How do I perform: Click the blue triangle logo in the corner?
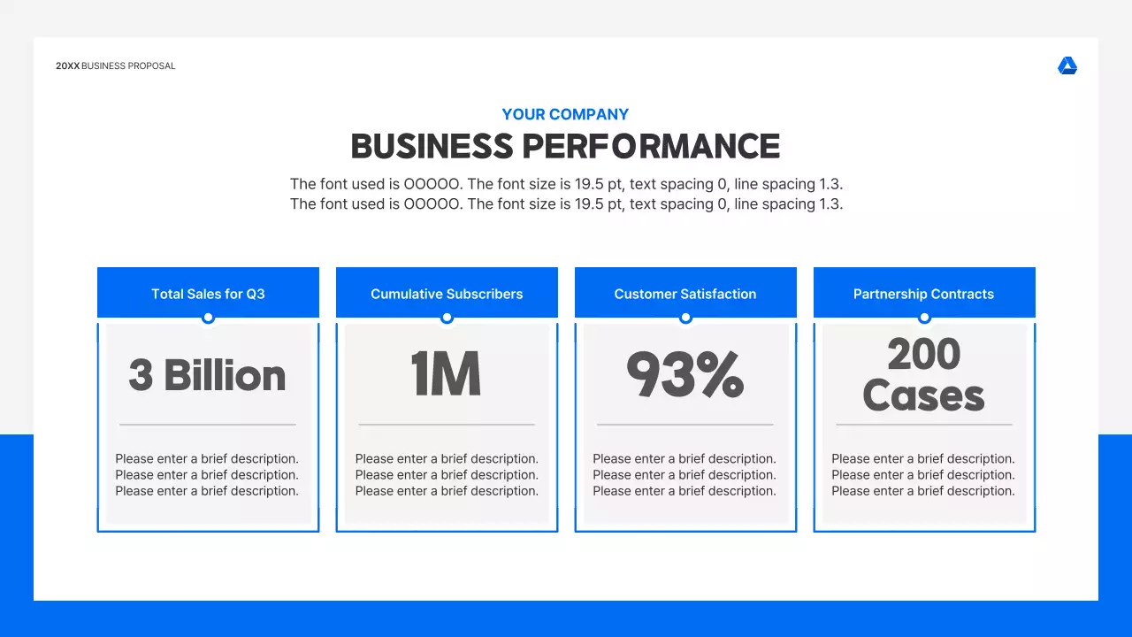click(1067, 66)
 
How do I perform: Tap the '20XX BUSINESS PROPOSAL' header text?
click(116, 66)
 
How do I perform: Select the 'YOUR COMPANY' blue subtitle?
click(565, 114)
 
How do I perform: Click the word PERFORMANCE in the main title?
click(651, 147)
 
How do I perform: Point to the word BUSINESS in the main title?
click(432, 147)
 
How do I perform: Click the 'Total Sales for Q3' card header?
click(208, 294)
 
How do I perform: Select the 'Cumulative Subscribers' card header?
click(447, 294)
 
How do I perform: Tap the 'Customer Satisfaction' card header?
click(685, 294)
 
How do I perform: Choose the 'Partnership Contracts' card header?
click(924, 294)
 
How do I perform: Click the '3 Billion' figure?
click(208, 375)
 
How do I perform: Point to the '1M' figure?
click(447, 375)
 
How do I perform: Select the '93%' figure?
click(685, 375)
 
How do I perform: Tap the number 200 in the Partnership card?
click(924, 355)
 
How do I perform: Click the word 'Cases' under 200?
click(924, 395)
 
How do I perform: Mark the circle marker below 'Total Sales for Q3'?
click(208, 318)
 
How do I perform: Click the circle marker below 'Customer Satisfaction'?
click(685, 318)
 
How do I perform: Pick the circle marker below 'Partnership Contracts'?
click(924, 318)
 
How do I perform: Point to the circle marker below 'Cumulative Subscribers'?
click(447, 318)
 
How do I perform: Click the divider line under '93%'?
click(685, 425)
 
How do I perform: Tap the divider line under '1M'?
click(447, 425)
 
